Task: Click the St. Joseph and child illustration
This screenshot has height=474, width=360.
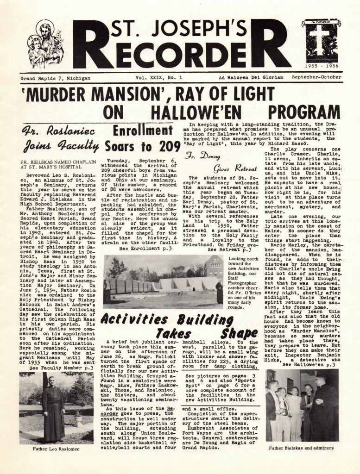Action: (x=45, y=44)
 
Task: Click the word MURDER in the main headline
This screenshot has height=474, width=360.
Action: (x=66, y=96)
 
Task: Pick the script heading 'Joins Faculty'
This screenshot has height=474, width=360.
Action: (x=62, y=146)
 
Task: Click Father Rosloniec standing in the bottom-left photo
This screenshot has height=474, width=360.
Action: (x=54, y=407)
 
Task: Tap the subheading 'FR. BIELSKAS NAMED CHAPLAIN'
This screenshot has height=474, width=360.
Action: (x=58, y=162)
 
